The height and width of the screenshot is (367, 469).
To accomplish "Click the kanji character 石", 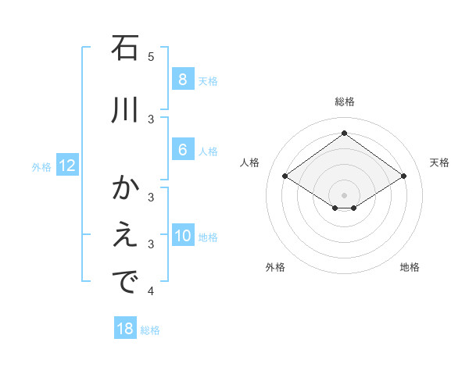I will click(125, 48).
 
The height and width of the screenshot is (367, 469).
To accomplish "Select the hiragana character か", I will click(125, 189).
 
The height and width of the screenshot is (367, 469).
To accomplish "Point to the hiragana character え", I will click(125, 237).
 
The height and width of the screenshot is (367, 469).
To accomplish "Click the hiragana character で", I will click(125, 283).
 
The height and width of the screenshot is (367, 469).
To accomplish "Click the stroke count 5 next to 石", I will click(151, 56).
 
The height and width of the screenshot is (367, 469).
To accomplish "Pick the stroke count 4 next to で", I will click(151, 291).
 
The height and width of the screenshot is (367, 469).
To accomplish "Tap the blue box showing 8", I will click(182, 80).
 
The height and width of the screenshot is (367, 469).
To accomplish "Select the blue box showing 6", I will click(182, 150).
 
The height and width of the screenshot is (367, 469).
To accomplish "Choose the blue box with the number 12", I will click(66, 166).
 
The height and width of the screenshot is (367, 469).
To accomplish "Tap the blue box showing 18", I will click(125, 329).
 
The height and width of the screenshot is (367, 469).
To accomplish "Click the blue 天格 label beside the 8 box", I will click(208, 80).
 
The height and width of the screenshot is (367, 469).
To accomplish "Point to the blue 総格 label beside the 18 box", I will click(150, 330).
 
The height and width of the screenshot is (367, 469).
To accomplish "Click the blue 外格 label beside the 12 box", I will click(41, 166).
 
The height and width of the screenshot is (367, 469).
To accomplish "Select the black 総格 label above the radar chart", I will click(345, 102).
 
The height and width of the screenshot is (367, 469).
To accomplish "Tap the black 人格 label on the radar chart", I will click(249, 162).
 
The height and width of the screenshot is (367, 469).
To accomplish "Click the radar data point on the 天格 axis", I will click(403, 176).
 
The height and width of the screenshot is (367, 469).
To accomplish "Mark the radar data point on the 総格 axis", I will click(344, 134).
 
